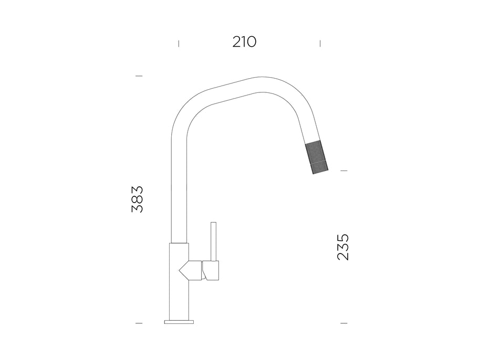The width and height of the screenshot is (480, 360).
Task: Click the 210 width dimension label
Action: [x=244, y=42]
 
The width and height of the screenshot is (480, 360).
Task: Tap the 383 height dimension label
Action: [x=137, y=199]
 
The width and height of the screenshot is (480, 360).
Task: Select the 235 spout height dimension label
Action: [x=343, y=247]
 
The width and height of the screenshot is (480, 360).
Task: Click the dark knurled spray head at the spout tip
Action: [x=317, y=157]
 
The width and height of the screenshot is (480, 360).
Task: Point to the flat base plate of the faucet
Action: [x=179, y=322]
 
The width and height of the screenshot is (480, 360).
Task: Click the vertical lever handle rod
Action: [x=214, y=241]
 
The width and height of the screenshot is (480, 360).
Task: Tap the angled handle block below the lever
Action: [x=211, y=271]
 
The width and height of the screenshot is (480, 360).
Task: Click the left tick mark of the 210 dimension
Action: [x=179, y=44]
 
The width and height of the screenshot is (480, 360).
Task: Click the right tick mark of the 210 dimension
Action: [x=320, y=44]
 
